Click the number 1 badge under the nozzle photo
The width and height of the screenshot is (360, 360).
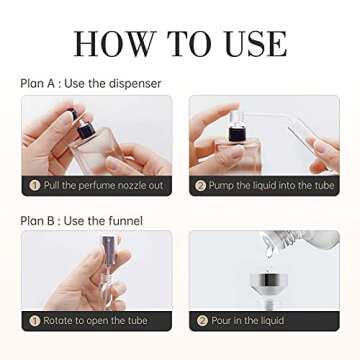click(34, 186)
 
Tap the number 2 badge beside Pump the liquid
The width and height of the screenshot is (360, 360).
click(200, 186)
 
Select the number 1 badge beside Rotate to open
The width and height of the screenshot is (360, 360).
click(34, 321)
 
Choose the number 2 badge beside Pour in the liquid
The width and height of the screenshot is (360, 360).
click(200, 321)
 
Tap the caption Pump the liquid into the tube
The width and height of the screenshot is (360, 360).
click(272, 186)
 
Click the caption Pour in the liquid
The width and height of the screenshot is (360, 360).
click(250, 321)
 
